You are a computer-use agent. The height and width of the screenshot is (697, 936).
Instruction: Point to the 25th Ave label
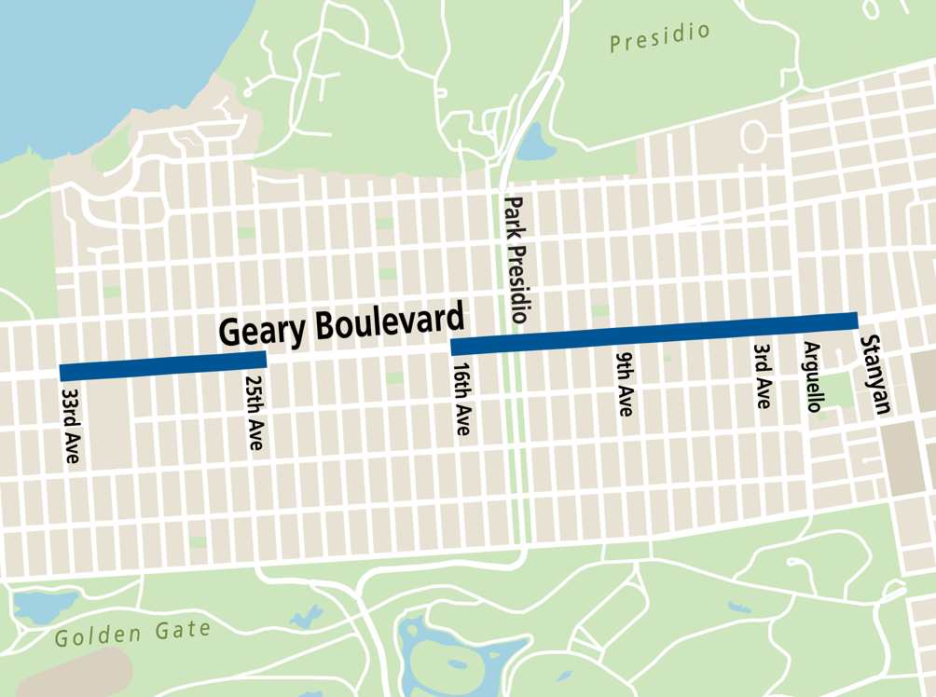[x=254, y=413]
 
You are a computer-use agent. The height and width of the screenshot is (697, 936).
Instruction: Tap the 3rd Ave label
[x=763, y=376]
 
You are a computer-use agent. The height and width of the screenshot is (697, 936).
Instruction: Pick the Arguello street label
[x=813, y=376]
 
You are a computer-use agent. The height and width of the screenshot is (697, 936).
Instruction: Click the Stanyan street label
[x=874, y=374]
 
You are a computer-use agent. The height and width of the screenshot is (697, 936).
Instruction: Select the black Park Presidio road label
[x=516, y=259]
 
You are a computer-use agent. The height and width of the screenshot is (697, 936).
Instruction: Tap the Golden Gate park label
[x=132, y=634]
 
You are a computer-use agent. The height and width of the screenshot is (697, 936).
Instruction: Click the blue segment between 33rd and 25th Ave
[x=163, y=366]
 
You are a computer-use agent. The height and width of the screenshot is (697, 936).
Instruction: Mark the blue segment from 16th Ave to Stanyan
[x=653, y=334]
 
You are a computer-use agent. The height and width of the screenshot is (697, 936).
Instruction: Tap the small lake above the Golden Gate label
[x=34, y=607]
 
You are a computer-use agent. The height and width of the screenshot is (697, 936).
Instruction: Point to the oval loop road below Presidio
[x=753, y=137]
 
